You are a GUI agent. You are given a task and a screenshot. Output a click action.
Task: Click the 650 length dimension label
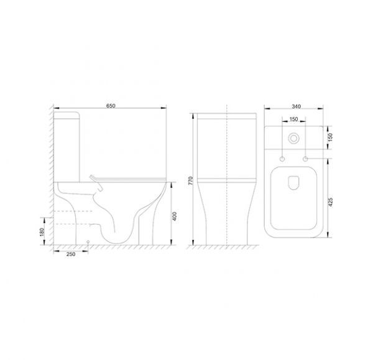pyautogui.click(x=111, y=106)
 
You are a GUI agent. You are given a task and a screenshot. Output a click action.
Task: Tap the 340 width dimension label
pyautogui.click(x=296, y=106)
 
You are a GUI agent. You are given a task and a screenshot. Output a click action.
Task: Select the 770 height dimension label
pyautogui.click(x=191, y=181)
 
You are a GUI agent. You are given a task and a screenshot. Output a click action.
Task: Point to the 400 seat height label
pyautogui.click(x=174, y=216)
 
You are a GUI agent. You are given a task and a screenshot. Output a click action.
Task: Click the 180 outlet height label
pyautogui.click(x=42, y=232)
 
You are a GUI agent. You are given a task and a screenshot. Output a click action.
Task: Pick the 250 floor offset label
pyautogui.click(x=71, y=254)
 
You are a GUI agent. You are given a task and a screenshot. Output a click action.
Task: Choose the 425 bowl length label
pyautogui.click(x=330, y=202)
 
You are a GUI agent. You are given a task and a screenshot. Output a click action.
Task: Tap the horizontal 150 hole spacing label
pyautogui.click(x=294, y=119)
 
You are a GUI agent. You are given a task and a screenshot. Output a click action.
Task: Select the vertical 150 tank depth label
pyautogui.click(x=330, y=137)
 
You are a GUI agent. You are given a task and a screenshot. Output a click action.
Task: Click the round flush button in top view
pyautogui.click(x=294, y=139)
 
